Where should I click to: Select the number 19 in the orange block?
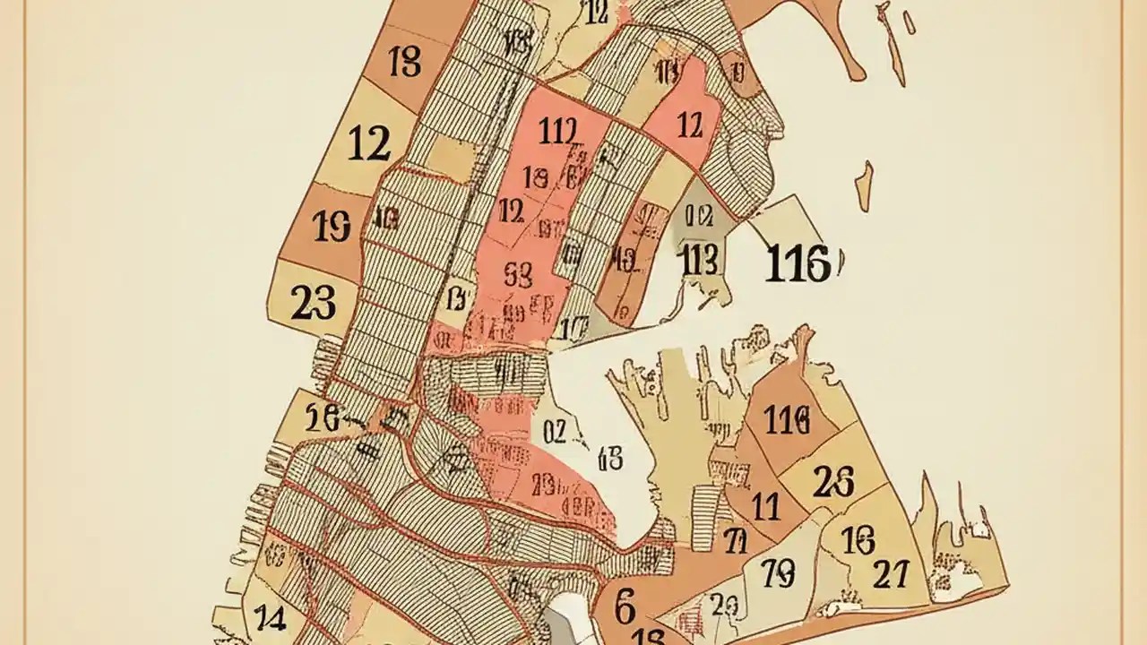coord(332,227)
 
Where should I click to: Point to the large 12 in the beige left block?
coord(368,143)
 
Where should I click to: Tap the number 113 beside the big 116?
coord(698,261)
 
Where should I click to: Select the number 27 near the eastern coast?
coord(890,574)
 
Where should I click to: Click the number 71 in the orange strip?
coord(736,541)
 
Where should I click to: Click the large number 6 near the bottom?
coord(625,606)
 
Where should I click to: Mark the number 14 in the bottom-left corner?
coord(269,616)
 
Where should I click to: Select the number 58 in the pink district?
coord(518,272)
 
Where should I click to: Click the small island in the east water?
coord(864,186)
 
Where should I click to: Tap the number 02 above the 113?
coord(696,215)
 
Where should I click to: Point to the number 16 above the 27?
coord(858,540)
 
